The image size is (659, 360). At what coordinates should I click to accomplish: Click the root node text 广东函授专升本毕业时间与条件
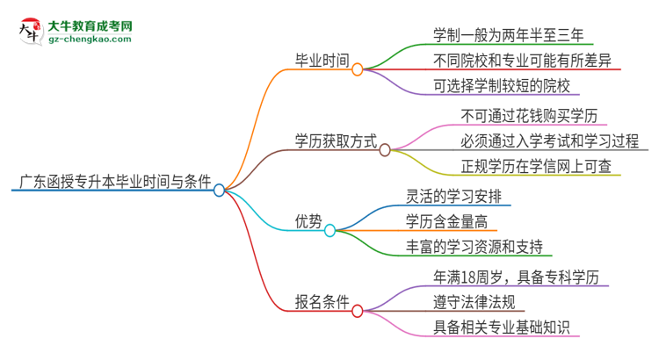click(x=111, y=183)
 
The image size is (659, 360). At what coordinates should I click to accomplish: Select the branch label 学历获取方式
click(x=336, y=140)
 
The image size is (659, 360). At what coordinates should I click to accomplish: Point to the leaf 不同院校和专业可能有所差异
click(x=522, y=61)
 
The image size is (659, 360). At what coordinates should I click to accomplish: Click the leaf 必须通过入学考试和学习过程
click(x=548, y=140)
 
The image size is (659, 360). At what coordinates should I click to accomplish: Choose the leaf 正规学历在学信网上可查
click(x=535, y=166)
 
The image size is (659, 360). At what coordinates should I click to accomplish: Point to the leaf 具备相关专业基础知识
click(x=502, y=328)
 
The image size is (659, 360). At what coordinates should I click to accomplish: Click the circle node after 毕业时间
click(x=358, y=69)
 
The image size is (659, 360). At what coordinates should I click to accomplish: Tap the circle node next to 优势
click(x=330, y=231)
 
